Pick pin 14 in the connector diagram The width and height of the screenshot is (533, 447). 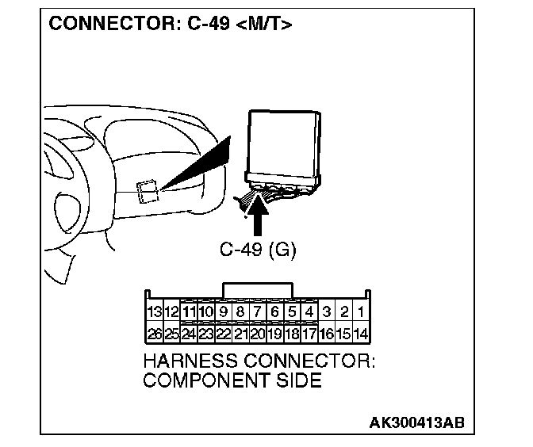[361, 334]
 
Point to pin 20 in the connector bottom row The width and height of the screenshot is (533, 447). [258, 334]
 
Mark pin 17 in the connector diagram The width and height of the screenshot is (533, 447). [309, 334]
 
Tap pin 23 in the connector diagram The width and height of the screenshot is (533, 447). [206, 334]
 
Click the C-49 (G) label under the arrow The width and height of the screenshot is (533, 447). [258, 250]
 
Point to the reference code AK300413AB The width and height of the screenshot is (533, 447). [416, 422]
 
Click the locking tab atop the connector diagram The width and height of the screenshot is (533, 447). [259, 289]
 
